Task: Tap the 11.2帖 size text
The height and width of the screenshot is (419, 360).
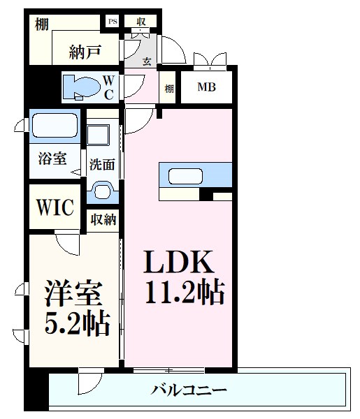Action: [x=185, y=292]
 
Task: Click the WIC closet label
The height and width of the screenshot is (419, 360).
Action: [x=55, y=207]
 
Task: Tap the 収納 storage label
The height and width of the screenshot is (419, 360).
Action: [x=102, y=220]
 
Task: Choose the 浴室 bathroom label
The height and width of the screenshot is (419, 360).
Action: [x=52, y=158]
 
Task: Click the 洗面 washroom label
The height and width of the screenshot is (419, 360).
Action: [x=101, y=165]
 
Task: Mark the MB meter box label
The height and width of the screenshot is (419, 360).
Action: [x=206, y=88]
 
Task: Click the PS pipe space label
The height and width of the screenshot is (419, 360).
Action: [x=112, y=22]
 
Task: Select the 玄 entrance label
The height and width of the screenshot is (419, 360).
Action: [x=147, y=61]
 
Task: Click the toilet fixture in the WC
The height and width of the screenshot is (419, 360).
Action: [x=82, y=87]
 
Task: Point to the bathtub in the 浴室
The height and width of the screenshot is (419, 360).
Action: [x=55, y=127]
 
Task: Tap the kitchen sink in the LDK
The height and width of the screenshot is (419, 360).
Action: [x=182, y=175]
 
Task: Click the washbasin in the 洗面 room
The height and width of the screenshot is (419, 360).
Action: [x=103, y=189]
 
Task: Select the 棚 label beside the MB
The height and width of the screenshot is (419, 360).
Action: [x=169, y=89]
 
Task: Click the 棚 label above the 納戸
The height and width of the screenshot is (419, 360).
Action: [x=43, y=24]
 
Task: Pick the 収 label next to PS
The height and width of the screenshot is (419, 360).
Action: [x=141, y=22]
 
